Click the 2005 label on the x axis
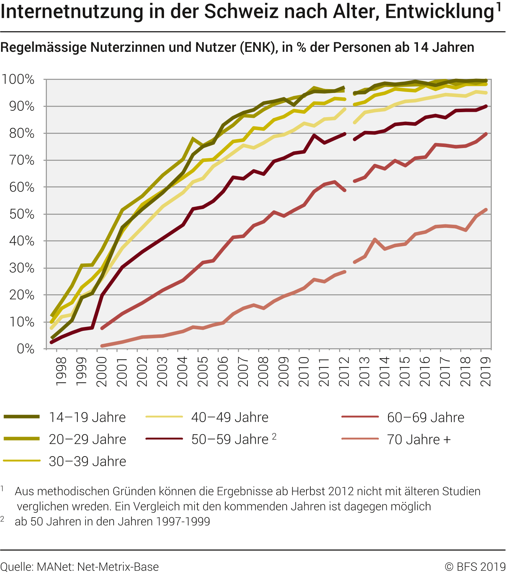pos(202,371)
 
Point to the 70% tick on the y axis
pos(22,160)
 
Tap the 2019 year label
pos(485,371)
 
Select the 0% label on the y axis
pos(26,349)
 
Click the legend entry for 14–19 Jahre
pos(87,417)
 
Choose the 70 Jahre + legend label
pos(419,439)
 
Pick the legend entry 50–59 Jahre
pos(230,439)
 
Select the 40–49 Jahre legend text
pos(230,417)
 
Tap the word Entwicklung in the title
pos(440,11)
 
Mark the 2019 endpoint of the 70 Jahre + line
pos(486,210)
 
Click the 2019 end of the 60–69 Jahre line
pos(486,134)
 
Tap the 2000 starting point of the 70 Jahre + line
pos(102,346)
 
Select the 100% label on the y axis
pos(18,80)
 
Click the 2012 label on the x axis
pos(344,371)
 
